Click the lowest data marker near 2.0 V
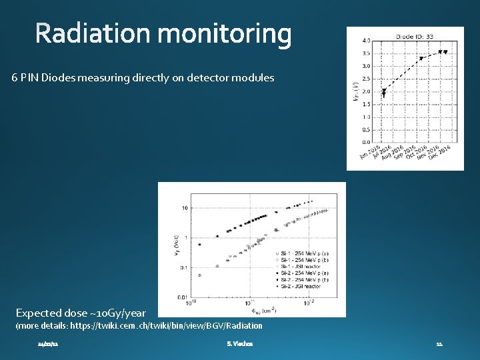[x=383, y=94]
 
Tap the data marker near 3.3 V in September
[x=421, y=58]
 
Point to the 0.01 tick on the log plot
[x=181, y=297]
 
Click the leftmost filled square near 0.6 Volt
[x=199, y=245]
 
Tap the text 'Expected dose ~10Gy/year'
[x=81, y=313]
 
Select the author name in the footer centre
[x=239, y=343]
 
